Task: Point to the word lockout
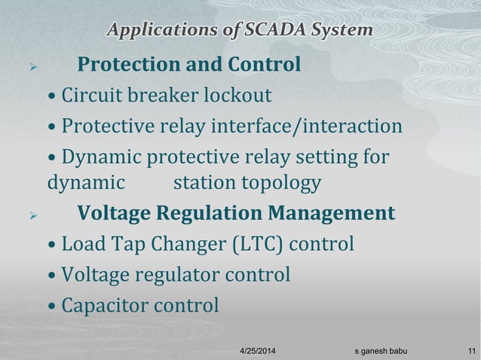coord(237,97)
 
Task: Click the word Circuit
coord(87,97)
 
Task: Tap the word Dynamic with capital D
coord(102,158)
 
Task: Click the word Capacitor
coord(104,306)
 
